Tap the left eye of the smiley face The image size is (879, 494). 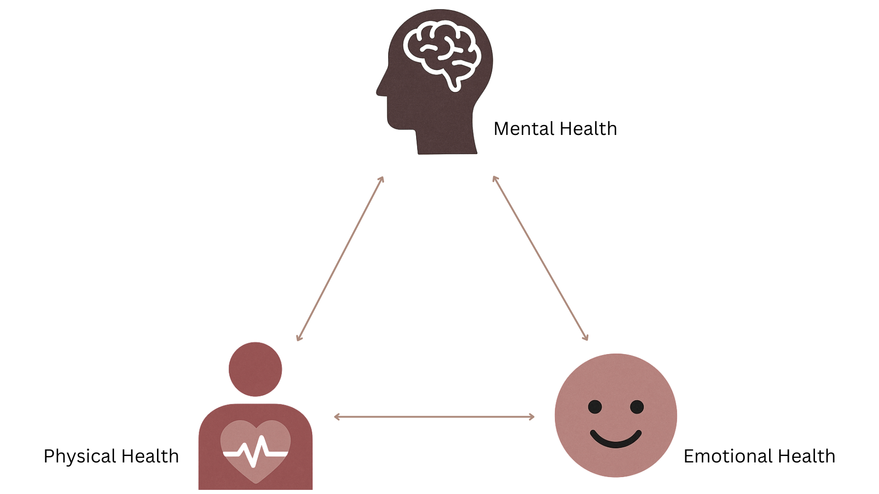tap(595, 407)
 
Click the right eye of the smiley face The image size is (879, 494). tap(636, 407)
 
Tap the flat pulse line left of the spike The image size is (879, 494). tap(231, 454)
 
